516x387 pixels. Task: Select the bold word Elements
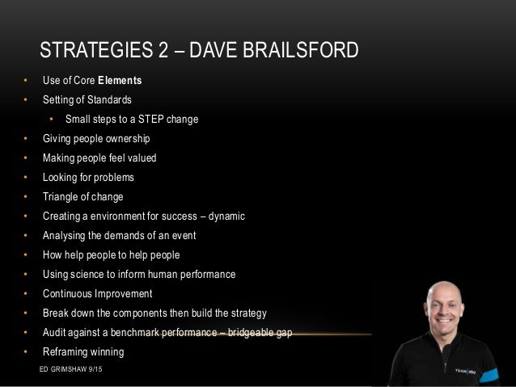[x=120, y=81]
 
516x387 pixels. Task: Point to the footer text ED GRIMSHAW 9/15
[x=76, y=368]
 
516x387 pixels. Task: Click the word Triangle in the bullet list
[x=62, y=196]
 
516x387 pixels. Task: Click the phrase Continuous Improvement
[x=97, y=293]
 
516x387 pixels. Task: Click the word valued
[x=141, y=158]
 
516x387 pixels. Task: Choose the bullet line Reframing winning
[x=83, y=351]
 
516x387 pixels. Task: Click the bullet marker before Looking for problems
[x=25, y=178]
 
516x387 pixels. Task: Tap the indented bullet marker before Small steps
[x=49, y=120]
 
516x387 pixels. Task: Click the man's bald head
[x=444, y=295]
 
